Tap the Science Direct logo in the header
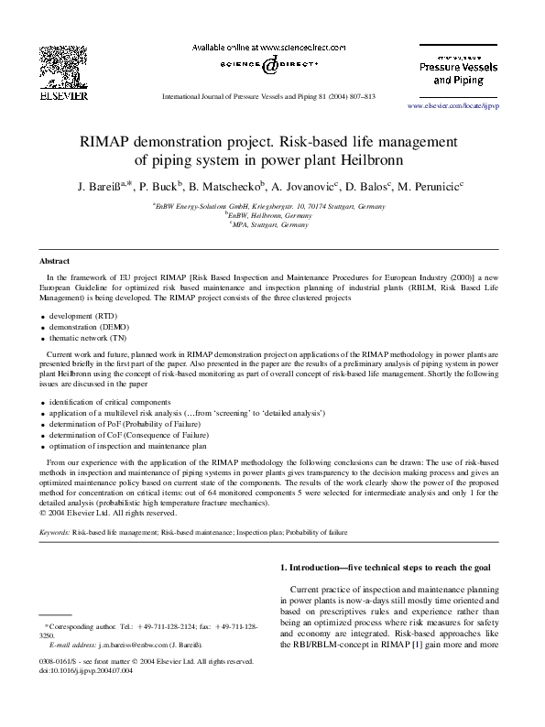point(267,65)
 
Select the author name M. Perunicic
point(431,185)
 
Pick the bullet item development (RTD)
point(83,314)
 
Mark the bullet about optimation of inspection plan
point(128,446)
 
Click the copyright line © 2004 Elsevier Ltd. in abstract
point(112,512)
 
